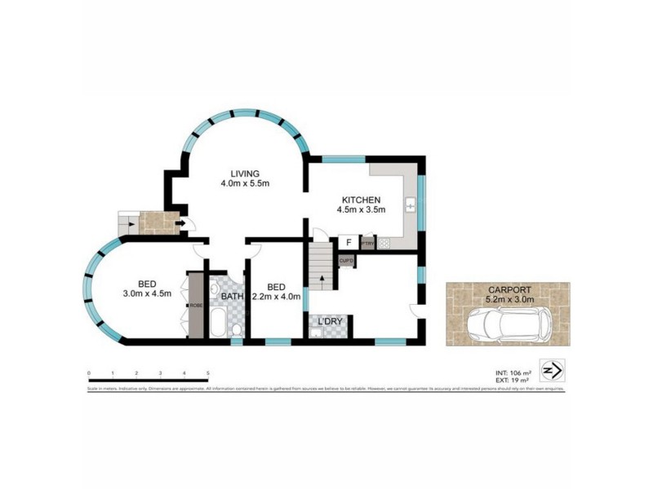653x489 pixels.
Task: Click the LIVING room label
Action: pos(244,174)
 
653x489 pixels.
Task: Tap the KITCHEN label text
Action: pos(360,200)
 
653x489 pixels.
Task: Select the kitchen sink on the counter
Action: pos(411,204)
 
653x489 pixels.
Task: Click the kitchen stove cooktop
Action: pos(384,242)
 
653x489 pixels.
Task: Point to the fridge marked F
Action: pos(349,242)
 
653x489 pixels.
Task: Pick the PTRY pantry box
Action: pos(368,243)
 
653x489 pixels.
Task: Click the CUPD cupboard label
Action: pos(345,261)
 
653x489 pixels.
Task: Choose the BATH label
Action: pos(232,297)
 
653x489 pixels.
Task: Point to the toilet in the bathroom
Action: pos(234,328)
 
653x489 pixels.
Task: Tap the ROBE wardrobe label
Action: pos(195,306)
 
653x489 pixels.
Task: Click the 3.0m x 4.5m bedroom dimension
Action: pos(147,293)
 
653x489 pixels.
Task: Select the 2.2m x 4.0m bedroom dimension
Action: pos(277,297)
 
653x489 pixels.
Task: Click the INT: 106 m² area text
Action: pos(512,372)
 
